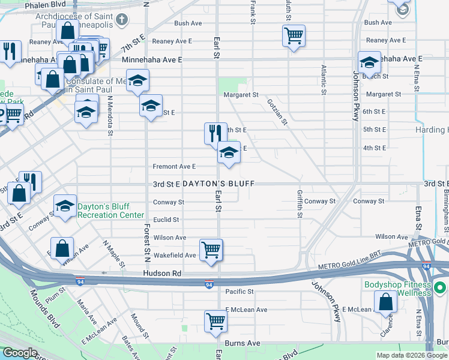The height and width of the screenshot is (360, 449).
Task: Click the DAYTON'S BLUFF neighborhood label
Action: coord(218,183)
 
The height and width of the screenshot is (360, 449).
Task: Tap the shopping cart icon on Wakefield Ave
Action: coord(211,249)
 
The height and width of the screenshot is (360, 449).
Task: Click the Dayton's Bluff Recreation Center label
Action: coord(111,211)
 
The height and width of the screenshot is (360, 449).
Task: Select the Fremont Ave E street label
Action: coord(175,166)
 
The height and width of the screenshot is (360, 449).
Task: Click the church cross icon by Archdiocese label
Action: coord(122,20)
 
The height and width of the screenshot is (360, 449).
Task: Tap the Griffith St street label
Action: coord(300,204)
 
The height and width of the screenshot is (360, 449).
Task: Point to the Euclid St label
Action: coord(166,220)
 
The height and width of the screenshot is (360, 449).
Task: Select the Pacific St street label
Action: coord(240,292)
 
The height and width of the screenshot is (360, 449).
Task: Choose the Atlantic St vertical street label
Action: coord(324,80)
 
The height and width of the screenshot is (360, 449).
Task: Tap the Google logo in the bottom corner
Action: coord(19,353)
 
